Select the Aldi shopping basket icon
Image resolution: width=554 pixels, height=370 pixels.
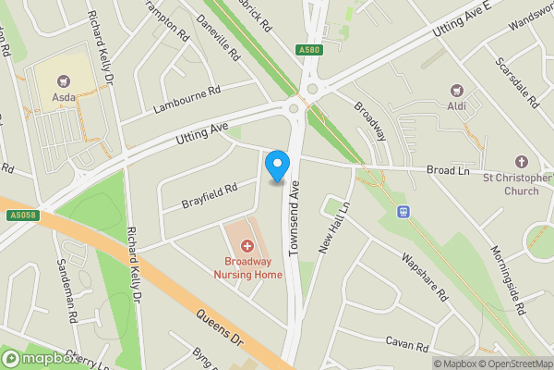455,91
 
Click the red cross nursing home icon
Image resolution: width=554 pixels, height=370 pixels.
247,246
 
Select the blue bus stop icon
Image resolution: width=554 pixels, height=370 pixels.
403,211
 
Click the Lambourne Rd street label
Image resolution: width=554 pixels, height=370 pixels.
188,98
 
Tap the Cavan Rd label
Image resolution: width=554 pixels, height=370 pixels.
407,344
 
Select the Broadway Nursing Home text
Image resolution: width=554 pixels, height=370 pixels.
247,268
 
